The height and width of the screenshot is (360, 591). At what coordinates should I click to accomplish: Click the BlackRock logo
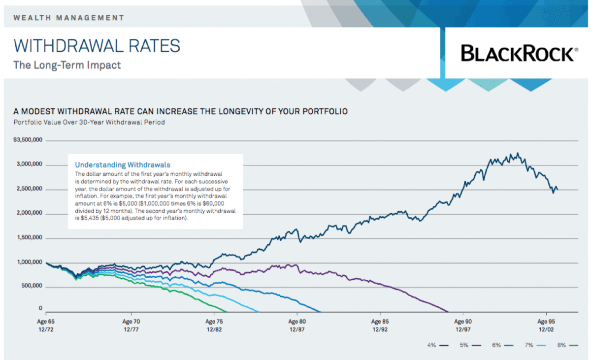[517, 53]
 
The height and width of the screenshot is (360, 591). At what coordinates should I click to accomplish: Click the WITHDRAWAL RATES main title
[97, 46]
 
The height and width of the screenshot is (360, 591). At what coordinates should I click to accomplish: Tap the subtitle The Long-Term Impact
[67, 65]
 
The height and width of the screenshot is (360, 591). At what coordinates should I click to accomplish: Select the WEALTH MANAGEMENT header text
[68, 18]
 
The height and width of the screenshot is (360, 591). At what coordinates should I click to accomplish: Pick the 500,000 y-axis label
[31, 287]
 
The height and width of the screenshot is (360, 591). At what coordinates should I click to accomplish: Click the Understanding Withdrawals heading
[123, 164]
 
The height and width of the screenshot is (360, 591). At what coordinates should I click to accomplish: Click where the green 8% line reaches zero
[226, 311]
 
